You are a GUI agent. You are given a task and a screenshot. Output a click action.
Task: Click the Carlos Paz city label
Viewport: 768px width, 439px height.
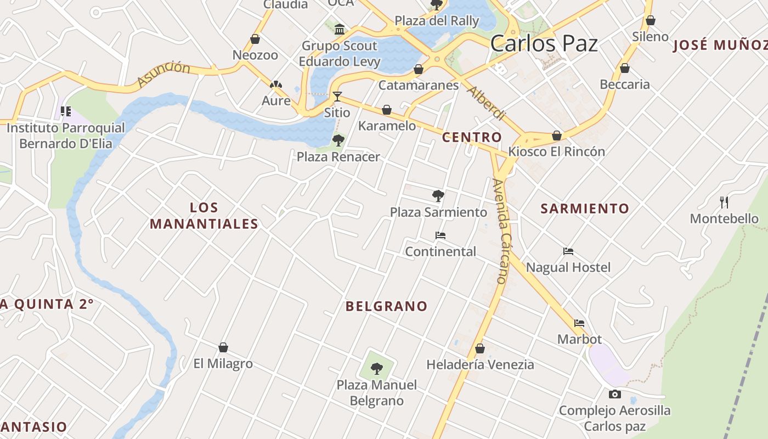coord(544,43)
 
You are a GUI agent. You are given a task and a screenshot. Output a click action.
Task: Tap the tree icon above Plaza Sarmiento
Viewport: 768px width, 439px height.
coord(438,195)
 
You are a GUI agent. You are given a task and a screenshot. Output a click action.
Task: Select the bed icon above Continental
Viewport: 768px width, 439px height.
coord(440,235)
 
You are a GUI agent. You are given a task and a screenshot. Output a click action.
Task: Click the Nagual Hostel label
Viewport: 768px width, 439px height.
coord(568,267)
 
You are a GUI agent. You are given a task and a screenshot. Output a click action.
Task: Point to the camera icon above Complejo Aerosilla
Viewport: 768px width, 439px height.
coord(614,394)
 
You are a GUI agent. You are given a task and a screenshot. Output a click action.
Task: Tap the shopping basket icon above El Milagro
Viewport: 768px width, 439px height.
coord(223,347)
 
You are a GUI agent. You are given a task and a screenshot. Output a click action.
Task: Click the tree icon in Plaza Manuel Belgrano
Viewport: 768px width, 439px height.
coord(376,369)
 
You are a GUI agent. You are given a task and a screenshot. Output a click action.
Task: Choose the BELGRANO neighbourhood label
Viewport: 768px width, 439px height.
coord(386,306)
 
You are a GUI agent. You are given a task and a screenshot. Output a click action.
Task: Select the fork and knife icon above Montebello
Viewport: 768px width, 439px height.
coord(724,202)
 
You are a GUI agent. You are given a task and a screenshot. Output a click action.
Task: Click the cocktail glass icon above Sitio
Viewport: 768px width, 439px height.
coord(337,97)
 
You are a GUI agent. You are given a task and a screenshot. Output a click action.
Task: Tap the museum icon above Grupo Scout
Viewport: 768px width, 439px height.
coord(339,29)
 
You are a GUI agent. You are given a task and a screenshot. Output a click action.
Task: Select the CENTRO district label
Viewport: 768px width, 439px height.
coord(472,137)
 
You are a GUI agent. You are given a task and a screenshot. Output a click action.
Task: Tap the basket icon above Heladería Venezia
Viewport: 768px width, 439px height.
coord(480,348)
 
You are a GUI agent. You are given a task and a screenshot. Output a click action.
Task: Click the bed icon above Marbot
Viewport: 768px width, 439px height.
coord(579,323)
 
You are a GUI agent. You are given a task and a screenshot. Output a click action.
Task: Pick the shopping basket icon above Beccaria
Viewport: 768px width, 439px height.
coord(624,69)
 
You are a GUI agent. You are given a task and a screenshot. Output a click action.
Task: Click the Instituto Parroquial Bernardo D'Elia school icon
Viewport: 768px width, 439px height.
coord(66,112)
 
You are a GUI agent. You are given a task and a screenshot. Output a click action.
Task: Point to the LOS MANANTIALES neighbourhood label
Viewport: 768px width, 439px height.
coord(204,216)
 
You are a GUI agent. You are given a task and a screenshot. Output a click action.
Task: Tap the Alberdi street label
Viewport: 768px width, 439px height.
coord(485,103)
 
